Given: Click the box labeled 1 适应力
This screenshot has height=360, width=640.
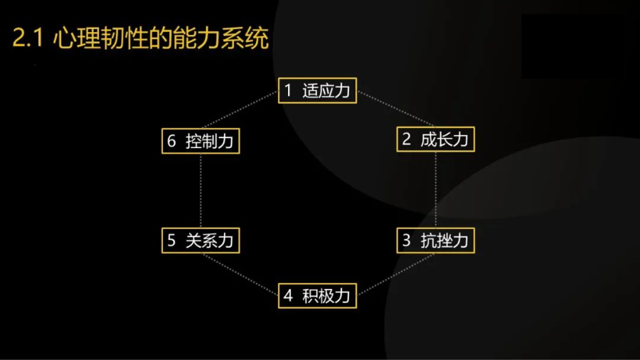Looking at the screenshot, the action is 316,91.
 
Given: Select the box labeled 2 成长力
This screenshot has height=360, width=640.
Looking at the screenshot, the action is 434,139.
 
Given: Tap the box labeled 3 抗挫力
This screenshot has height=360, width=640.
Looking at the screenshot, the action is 434,240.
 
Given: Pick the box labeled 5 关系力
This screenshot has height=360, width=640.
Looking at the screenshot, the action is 199,240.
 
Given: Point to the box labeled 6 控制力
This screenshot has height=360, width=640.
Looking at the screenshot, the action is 199,141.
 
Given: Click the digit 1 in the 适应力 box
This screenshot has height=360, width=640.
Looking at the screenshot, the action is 288,91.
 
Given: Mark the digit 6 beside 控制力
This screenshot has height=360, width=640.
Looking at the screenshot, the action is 171,141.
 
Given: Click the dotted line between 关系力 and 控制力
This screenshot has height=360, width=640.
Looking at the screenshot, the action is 200,190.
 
